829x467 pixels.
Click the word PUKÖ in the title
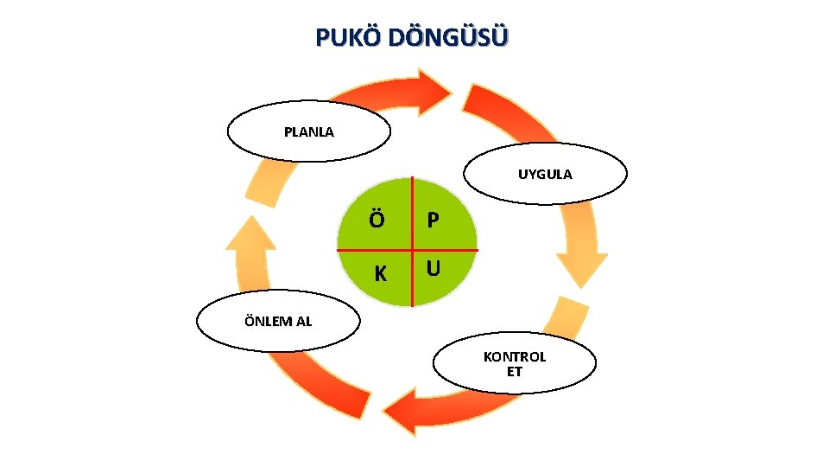[348, 38]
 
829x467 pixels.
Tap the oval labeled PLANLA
[308, 131]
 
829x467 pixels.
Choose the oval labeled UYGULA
[545, 174]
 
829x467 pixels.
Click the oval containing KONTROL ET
[515, 364]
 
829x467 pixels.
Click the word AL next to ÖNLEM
[304, 322]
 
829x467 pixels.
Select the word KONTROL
[515, 357]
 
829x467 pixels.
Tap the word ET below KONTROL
[515, 373]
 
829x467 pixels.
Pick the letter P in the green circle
[433, 221]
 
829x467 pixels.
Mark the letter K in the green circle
[379, 274]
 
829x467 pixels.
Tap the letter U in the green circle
[433, 269]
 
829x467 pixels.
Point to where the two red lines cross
[412, 250]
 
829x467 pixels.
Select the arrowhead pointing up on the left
[250, 233]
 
